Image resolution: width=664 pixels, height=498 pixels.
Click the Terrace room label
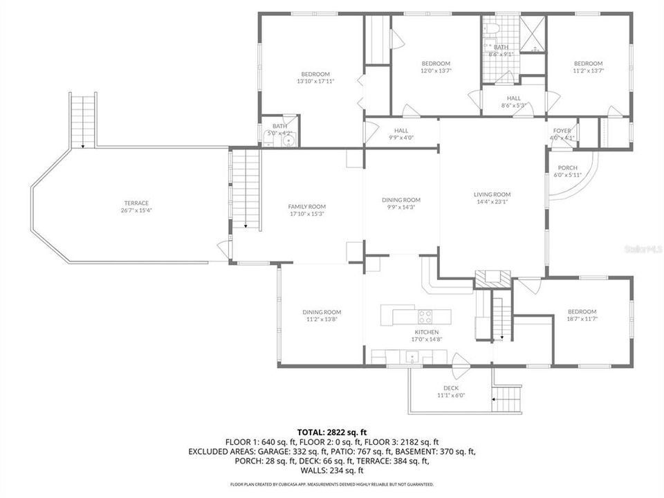tap(136, 203)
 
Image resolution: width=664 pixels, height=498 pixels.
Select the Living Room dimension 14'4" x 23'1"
tap(492, 202)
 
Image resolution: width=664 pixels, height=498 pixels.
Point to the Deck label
tap(451, 388)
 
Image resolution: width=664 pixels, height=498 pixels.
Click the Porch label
tap(567, 167)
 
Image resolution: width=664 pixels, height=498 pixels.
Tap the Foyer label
tap(561, 130)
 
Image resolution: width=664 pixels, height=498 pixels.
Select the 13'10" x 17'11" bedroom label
tap(315, 74)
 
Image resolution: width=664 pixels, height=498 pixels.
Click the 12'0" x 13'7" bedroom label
tap(436, 64)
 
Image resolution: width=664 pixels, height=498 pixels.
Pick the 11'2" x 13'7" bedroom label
tap(588, 64)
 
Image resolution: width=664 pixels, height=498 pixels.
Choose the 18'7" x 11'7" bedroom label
tap(582, 311)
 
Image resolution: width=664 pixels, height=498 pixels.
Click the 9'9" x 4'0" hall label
tap(401, 130)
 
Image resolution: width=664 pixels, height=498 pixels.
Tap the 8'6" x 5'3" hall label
tap(513, 98)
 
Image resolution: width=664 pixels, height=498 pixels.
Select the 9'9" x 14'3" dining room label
tap(401, 200)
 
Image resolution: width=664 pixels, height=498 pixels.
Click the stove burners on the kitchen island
tap(424, 317)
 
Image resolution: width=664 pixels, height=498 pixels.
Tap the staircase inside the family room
tap(246, 190)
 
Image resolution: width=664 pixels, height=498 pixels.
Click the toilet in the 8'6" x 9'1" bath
tap(489, 29)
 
